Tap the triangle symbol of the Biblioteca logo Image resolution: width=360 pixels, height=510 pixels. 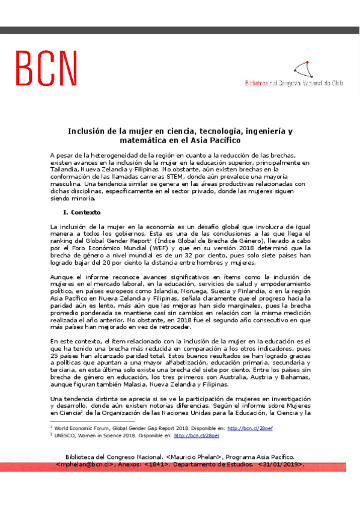(303, 70)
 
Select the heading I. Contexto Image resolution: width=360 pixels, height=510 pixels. (82, 212)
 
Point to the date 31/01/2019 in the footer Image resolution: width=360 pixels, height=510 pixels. (281, 465)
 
